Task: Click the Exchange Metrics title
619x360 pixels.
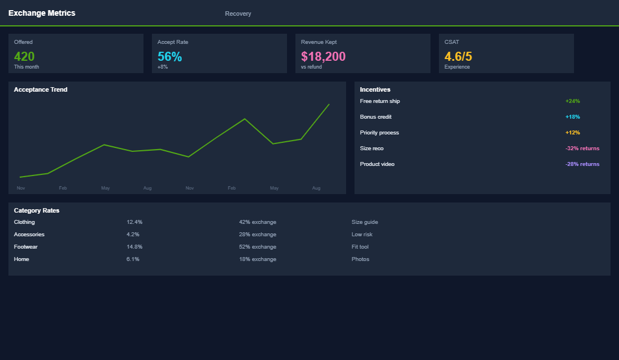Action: pos(42,13)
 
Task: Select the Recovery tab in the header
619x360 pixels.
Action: pos(238,13)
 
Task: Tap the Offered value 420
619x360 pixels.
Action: pos(24,56)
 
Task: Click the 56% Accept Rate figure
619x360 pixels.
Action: pos(169,56)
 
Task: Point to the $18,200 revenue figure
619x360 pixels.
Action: pos(323,56)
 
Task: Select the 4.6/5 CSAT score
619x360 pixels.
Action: pos(458,56)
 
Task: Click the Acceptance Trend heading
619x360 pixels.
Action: pos(41,89)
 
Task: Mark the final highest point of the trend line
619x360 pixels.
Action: pos(329,104)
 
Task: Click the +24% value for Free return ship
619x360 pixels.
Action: pos(572,101)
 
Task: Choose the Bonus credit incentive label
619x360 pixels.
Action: pos(375,117)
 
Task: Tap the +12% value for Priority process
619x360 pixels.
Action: pos(572,133)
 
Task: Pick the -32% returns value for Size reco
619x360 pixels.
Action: pos(582,148)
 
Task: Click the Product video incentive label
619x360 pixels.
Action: pos(377,164)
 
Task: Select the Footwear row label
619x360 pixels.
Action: pos(26,247)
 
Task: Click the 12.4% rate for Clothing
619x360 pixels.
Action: pos(134,222)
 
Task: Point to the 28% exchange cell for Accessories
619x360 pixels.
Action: pos(257,235)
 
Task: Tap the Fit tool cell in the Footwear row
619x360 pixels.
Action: pos(360,247)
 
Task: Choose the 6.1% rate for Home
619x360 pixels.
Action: pos(133,259)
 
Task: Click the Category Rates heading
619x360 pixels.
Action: pos(37,210)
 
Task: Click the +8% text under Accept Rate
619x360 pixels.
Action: pos(163,67)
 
